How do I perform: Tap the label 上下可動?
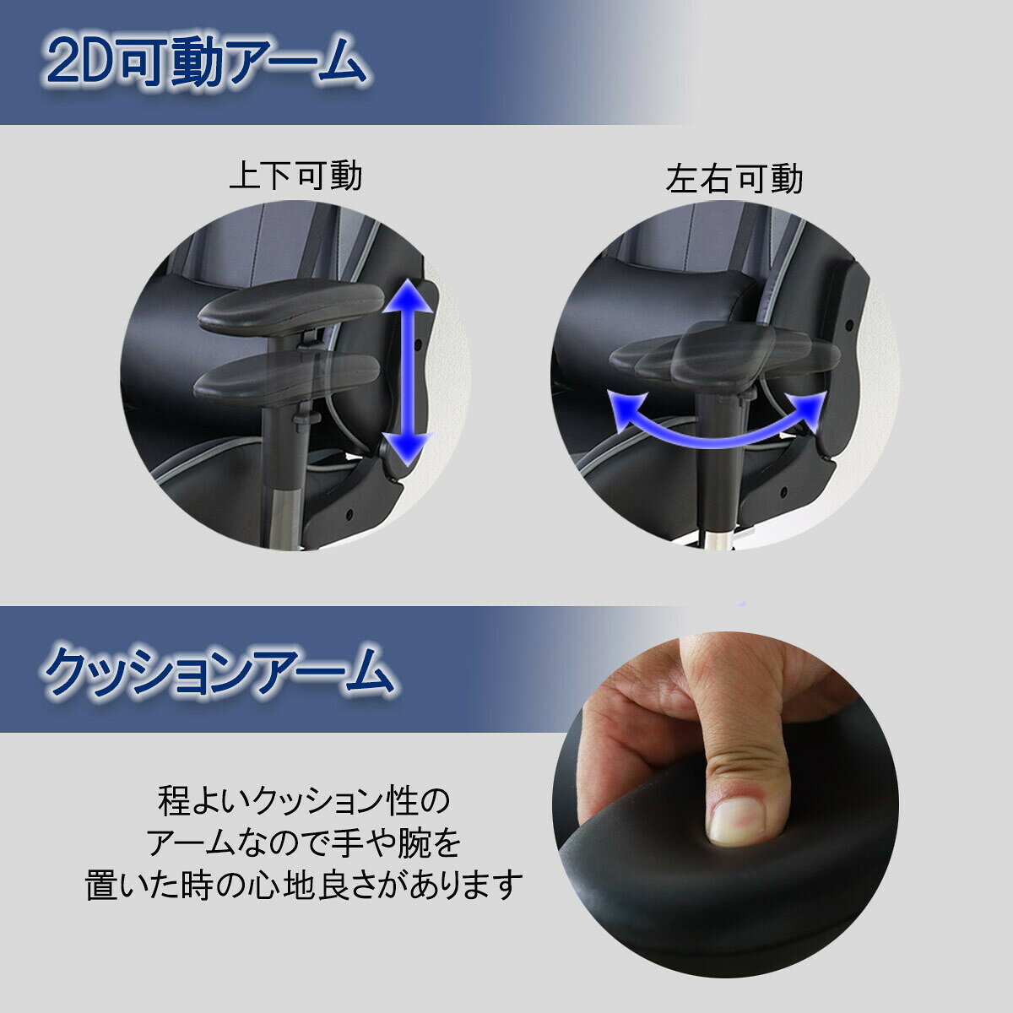point(296,176)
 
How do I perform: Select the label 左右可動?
point(734,179)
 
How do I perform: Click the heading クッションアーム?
point(218,672)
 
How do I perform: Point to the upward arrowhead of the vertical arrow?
point(408,296)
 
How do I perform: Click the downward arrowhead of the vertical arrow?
point(408,448)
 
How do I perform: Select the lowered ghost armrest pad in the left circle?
point(287,377)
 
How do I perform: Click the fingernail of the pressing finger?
point(735,824)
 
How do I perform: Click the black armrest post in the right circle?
point(721,458)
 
